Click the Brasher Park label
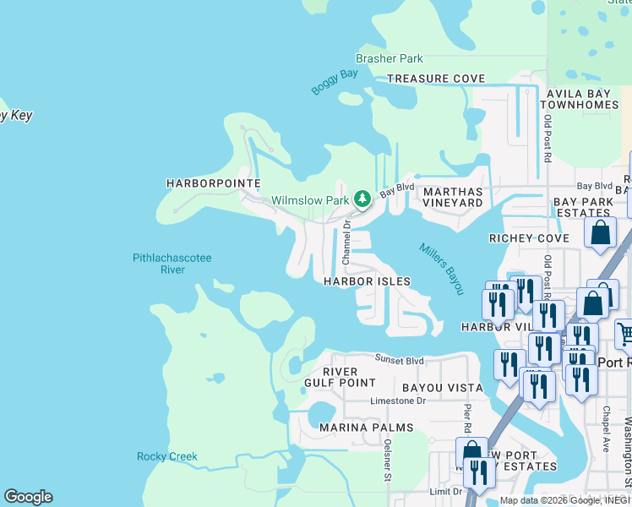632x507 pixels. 390,58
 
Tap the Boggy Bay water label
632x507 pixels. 335,81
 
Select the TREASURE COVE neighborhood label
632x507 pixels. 436,79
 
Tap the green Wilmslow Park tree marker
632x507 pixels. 362,199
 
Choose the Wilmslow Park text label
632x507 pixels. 310,201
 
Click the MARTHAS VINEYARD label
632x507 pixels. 453,197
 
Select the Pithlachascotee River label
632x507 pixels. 172,264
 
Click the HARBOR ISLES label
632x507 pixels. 368,281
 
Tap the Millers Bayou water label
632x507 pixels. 442,270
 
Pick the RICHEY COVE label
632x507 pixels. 529,239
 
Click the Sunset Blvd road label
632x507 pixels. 399,359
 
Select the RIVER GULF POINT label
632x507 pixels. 348,377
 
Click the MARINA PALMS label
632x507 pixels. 367,428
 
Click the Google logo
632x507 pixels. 28,497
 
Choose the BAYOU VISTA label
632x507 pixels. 430,388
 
